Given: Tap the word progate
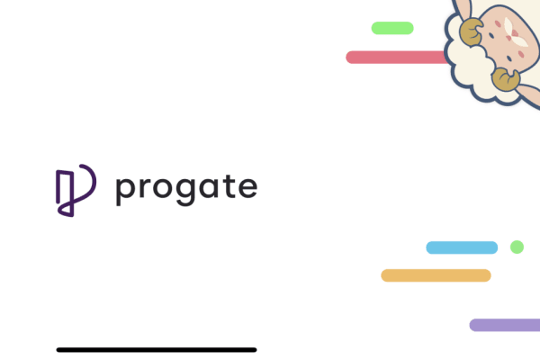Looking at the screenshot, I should click(x=186, y=187).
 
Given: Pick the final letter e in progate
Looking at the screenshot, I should click(x=247, y=188).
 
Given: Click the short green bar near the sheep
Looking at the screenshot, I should click(x=392, y=28).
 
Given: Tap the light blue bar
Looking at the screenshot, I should click(x=462, y=247).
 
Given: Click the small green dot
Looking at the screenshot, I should click(x=517, y=247).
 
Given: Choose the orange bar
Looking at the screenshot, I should click(x=436, y=275).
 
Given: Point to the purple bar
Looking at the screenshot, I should click(x=505, y=325).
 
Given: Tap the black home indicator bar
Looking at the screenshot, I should click(x=157, y=349).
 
